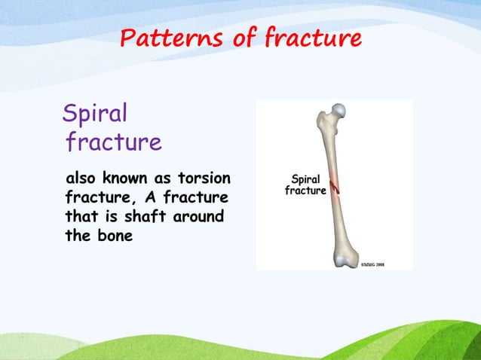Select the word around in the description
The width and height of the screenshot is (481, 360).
(205, 217)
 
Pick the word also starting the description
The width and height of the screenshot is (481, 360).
(82, 179)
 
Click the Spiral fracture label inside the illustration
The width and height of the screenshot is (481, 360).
(305, 185)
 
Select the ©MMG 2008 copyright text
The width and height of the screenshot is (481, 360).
(371, 265)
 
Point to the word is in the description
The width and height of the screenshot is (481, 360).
(115, 217)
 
